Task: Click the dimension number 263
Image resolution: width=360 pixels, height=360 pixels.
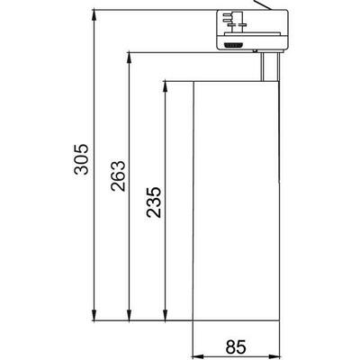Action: (118, 184)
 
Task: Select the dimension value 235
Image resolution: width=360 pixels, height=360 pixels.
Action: (152, 202)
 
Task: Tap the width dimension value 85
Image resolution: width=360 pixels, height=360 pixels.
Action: (236, 346)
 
